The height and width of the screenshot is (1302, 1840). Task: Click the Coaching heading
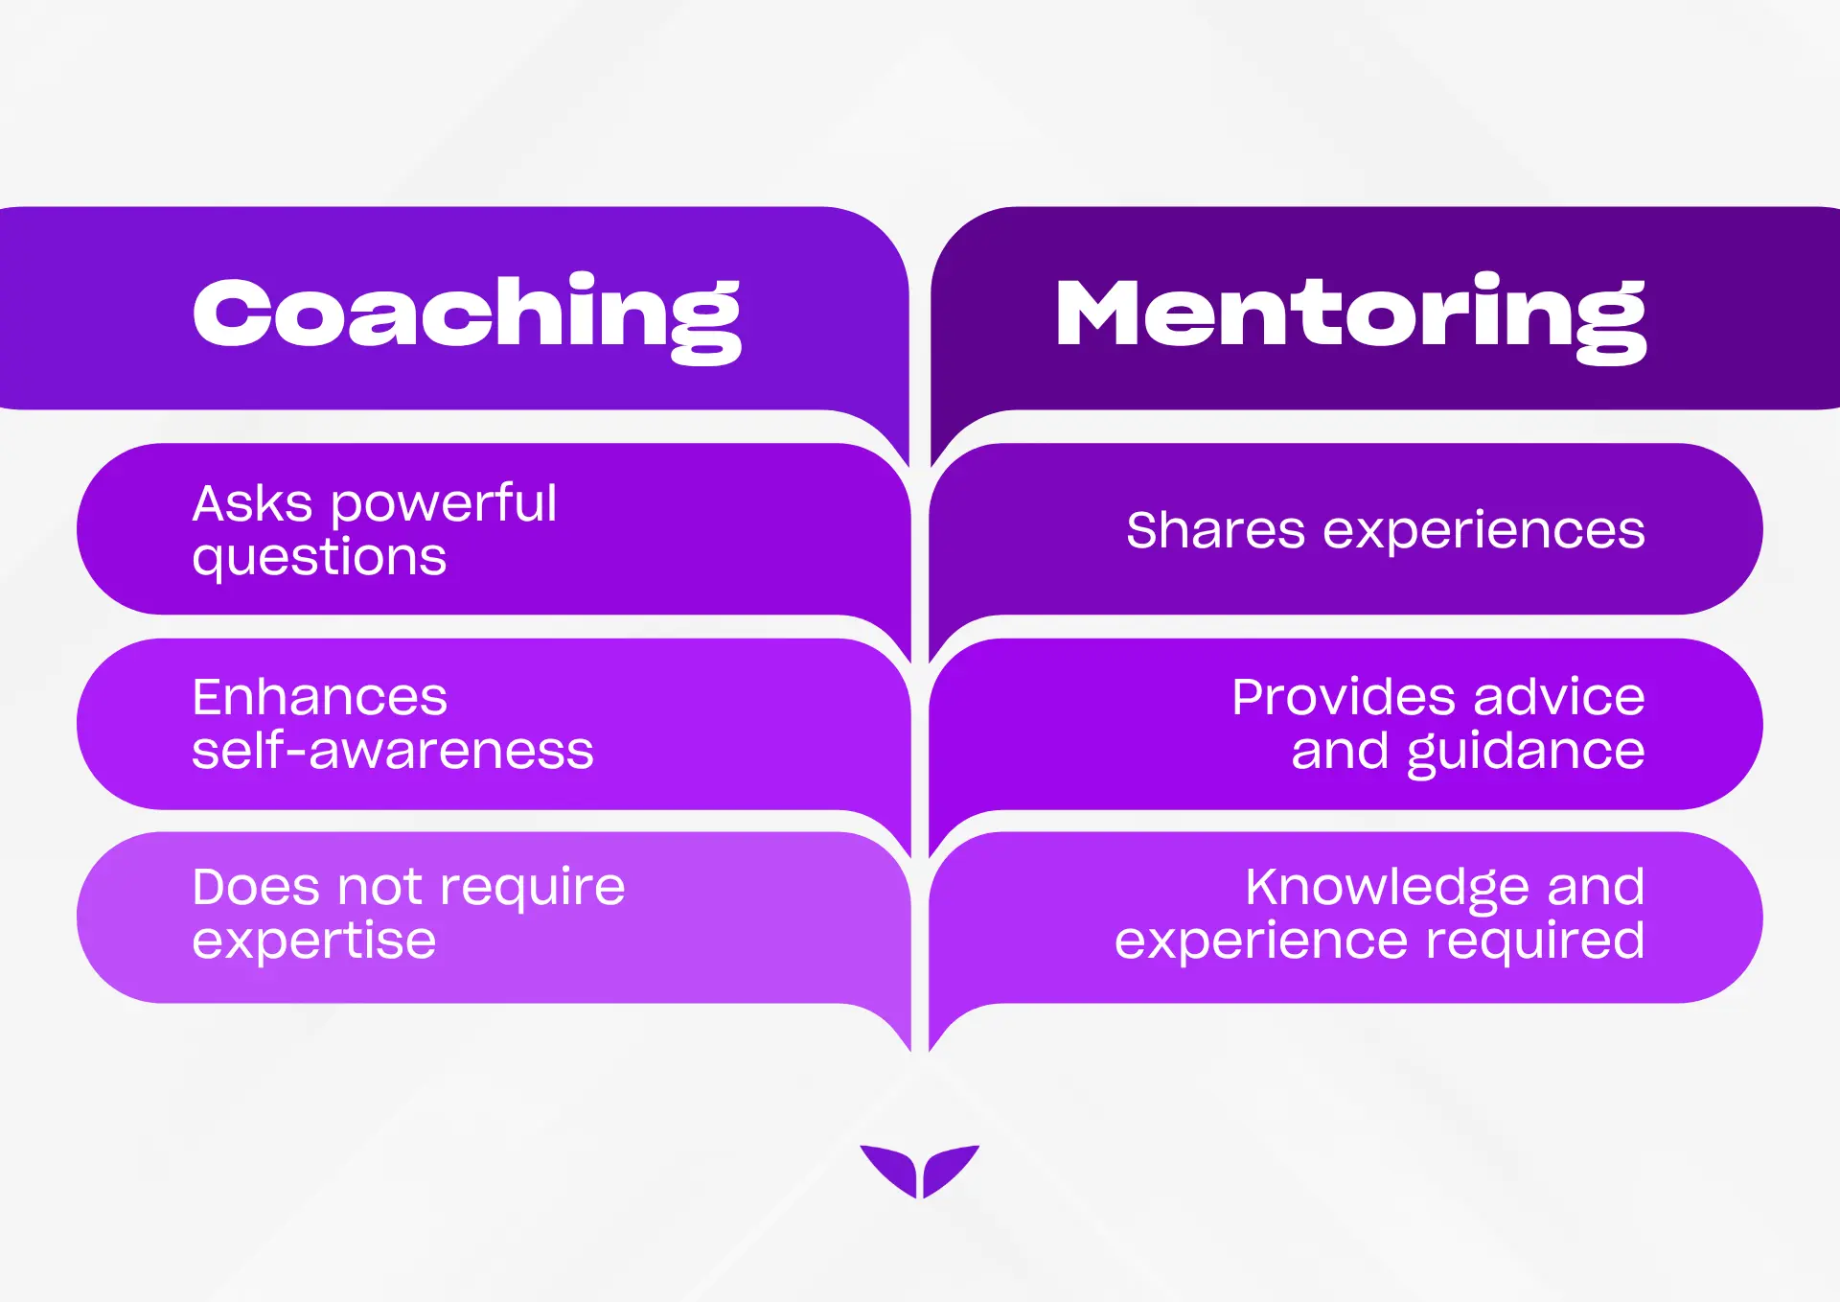[467, 314]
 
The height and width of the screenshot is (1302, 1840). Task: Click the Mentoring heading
[1350, 314]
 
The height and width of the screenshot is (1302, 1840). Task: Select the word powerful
[444, 505]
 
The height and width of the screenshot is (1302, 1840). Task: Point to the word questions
[319, 559]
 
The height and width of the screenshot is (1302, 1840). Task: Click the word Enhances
[319, 697]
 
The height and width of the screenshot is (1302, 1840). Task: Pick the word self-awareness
[393, 750]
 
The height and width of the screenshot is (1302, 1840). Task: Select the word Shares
[1215, 530]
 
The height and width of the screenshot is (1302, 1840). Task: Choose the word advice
[1559, 697]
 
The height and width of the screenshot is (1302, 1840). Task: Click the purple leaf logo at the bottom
[920, 1170]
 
